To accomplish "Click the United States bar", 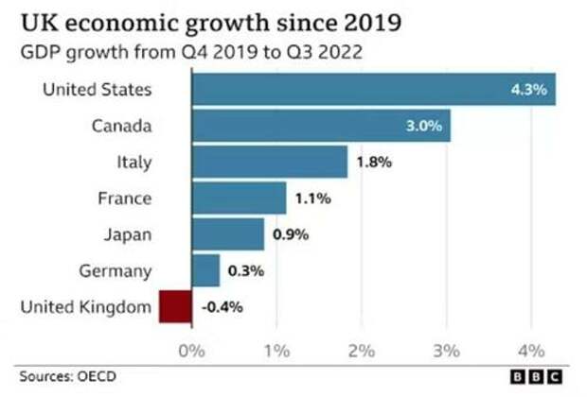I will pos(374,91).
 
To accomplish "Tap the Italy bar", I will pos(270,163).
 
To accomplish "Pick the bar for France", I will pos(240,198).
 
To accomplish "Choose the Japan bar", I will pos(228,234).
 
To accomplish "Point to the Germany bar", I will pos(206,271).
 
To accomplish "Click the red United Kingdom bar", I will pos(175,307).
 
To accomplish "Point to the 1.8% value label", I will pos(373,163).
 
